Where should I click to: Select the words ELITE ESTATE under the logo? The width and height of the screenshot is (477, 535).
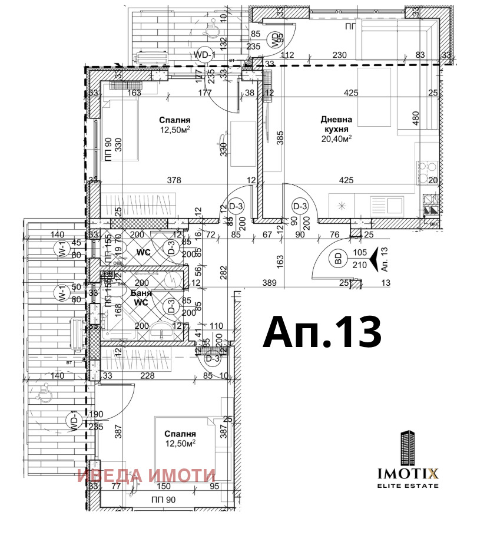click(408, 486)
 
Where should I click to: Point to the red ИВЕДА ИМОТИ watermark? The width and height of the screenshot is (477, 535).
click(147, 475)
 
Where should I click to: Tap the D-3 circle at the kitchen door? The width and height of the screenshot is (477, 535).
click(300, 206)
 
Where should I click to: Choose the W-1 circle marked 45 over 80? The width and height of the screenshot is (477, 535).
click(60, 249)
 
